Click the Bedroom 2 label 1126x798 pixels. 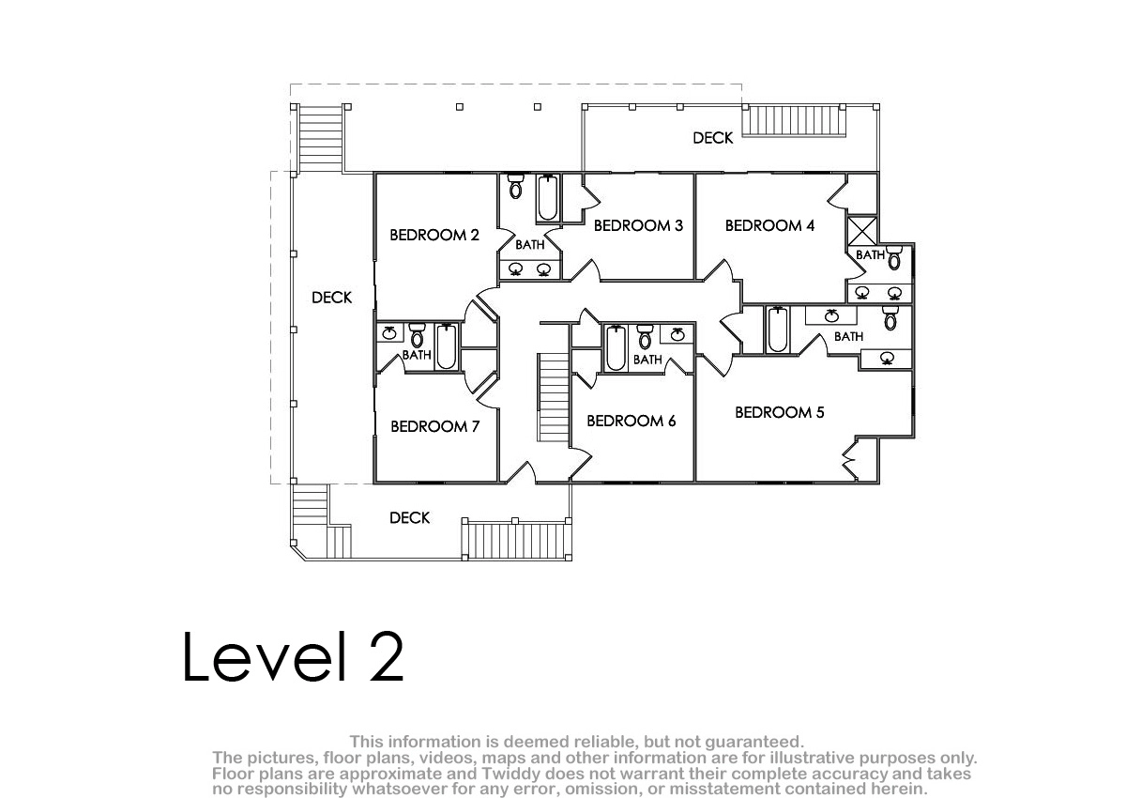click(434, 235)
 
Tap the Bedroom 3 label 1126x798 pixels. click(638, 225)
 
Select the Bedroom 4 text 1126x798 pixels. click(769, 225)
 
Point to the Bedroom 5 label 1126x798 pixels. click(780, 412)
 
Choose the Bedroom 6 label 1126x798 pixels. click(631, 421)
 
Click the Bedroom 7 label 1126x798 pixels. click(435, 426)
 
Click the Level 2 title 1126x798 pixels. click(294, 656)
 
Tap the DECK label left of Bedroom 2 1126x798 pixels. click(332, 298)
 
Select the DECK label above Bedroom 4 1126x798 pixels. click(713, 138)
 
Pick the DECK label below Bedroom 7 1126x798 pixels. click(410, 518)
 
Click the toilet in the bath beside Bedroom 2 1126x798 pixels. click(515, 186)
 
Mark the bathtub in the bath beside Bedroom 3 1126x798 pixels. click(547, 197)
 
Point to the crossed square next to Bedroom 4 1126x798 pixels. click(862, 231)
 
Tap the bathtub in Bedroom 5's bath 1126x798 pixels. click(778, 330)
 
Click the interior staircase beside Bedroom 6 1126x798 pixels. click(554, 397)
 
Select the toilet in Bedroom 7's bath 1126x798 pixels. click(418, 335)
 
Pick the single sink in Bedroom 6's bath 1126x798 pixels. click(677, 334)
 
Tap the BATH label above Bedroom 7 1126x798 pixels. click(417, 355)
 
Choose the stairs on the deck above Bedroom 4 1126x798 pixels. click(795, 121)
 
